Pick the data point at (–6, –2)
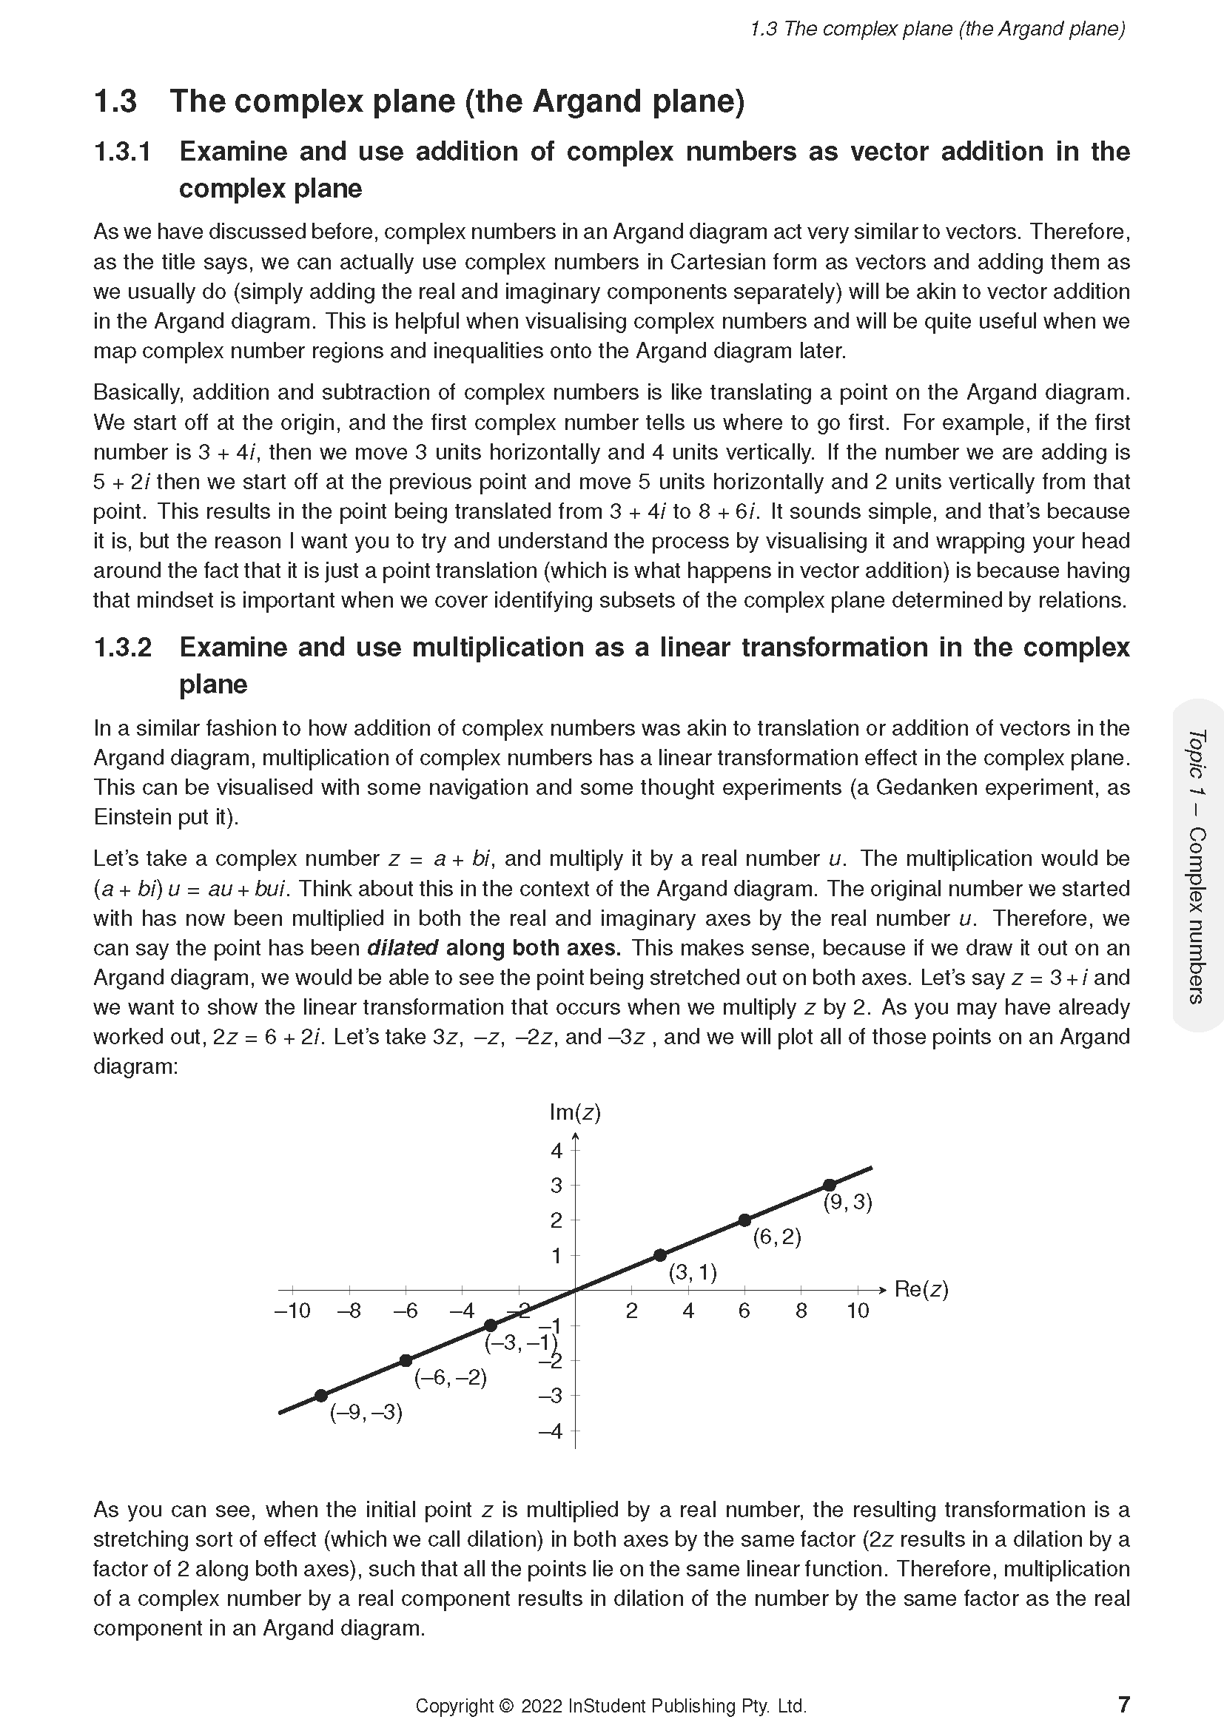[x=406, y=1360]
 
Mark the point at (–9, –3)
[x=320, y=1396]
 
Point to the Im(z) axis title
[x=575, y=1112]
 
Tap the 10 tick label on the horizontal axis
[x=858, y=1311]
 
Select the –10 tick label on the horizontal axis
[x=292, y=1311]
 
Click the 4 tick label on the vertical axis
[x=556, y=1151]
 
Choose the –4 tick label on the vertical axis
[x=551, y=1431]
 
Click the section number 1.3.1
[x=122, y=152]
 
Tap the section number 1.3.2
[x=122, y=648]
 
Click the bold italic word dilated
[x=403, y=948]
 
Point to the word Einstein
[x=134, y=817]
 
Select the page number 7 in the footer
[x=1124, y=1704]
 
